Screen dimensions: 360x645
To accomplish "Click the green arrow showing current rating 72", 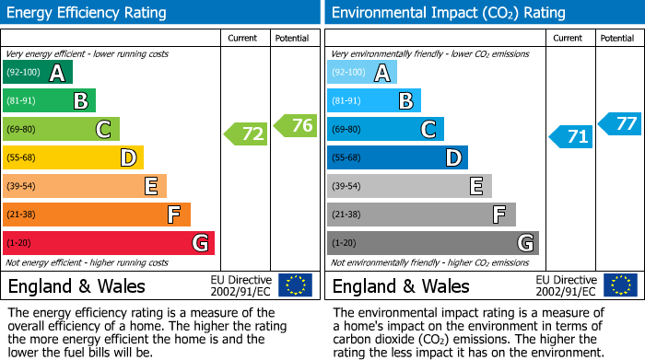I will (x=246, y=134).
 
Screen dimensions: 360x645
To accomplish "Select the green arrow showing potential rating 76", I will (x=296, y=125).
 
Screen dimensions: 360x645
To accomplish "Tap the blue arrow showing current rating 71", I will (x=570, y=137).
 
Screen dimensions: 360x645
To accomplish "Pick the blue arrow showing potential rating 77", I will (x=620, y=123).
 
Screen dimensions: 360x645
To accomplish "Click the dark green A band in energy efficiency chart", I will (x=38, y=73).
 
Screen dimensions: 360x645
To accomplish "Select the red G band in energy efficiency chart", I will (x=109, y=243).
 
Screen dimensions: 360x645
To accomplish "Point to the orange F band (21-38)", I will (x=97, y=215).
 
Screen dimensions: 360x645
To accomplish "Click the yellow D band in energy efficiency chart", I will (x=73, y=157).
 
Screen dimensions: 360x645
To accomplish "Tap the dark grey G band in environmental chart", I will (x=432, y=243).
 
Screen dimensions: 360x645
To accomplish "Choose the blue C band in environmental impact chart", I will (x=385, y=129).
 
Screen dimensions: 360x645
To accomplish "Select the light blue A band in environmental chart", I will (x=362, y=73).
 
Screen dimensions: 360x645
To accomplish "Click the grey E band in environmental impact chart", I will (x=409, y=186).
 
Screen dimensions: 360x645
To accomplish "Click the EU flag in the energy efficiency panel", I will (x=295, y=285).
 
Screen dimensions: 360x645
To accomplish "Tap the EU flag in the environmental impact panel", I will (x=619, y=285).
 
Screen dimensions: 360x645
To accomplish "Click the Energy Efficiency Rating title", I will (x=88, y=13).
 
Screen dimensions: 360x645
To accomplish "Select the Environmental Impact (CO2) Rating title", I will (x=448, y=13).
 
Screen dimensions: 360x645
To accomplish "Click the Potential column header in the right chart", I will (x=617, y=38).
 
